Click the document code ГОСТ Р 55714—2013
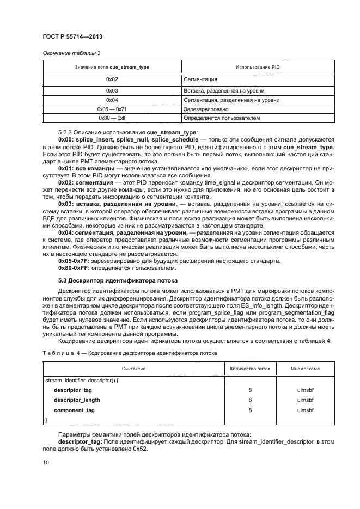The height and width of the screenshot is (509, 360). click(72, 36)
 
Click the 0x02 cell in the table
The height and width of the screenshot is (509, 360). click(112, 79)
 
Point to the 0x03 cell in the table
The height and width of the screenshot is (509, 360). click(112, 91)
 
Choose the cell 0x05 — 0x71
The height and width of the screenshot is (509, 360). click(112, 109)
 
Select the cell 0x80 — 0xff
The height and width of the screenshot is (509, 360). click(112, 118)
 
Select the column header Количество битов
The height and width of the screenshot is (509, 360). click(249, 369)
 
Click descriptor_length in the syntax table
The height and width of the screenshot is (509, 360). click(77, 400)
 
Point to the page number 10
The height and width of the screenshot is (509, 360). click(46, 462)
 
